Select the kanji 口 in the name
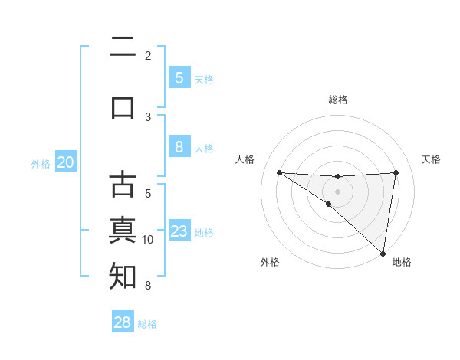pos(123,106)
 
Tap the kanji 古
pos(123,186)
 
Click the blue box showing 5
pos(179,78)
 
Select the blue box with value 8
pos(179,147)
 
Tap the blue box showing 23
pos(179,231)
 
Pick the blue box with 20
pos(65,162)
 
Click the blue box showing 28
pos(123,322)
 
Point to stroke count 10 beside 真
pos(148,240)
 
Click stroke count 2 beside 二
pos(148,55)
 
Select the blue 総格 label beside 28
pos(147,324)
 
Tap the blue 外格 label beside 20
pos(41,163)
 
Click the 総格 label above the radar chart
pos(337,100)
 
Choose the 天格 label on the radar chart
pos(431,159)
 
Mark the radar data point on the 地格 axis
pos(383,252)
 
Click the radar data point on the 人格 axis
pos(279,172)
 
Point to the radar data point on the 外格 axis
pos(328,204)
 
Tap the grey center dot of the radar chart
pos(337,191)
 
